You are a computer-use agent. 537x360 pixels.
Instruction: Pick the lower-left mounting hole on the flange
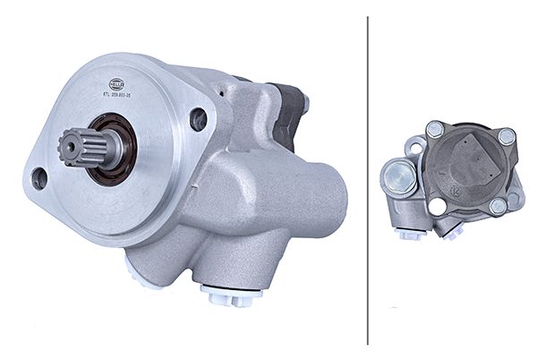click(x=38, y=178)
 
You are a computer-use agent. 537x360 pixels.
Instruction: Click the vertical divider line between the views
click(x=369, y=179)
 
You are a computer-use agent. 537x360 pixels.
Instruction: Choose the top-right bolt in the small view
click(x=506, y=137)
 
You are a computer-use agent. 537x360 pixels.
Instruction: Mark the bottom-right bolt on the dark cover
click(x=499, y=206)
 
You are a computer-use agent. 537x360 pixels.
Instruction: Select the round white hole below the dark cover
click(x=438, y=207)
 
